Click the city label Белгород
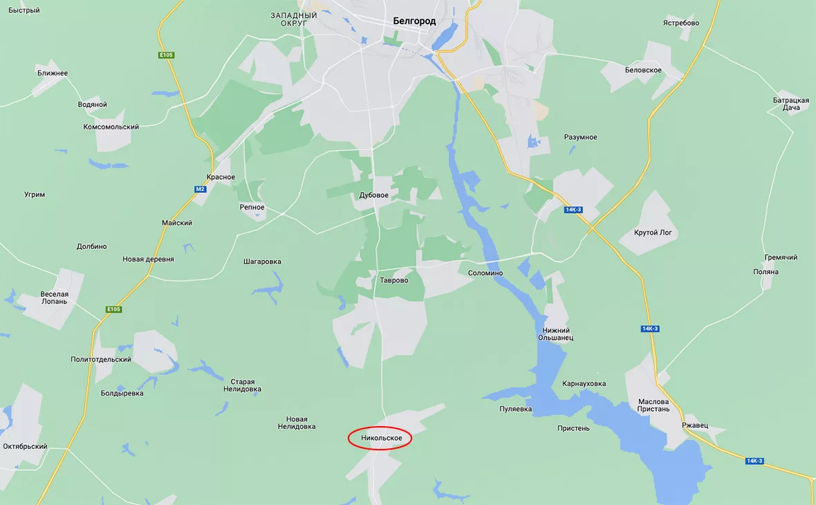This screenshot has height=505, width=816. (414, 21)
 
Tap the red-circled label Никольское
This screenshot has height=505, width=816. (381, 438)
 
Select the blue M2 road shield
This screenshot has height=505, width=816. (200, 189)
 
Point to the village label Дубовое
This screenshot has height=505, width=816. (373, 196)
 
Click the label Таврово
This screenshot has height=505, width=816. (394, 281)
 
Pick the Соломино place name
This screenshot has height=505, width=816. (485, 273)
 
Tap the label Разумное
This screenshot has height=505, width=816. (580, 137)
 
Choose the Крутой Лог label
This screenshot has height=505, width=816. (653, 232)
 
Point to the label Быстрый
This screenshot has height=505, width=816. (24, 10)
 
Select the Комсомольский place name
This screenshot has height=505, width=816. (111, 127)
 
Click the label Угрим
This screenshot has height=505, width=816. (35, 194)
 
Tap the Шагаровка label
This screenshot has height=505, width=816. (262, 262)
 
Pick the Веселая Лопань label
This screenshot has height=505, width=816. (54, 297)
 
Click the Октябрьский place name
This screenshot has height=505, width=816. (25, 447)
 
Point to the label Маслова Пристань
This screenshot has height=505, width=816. (653, 405)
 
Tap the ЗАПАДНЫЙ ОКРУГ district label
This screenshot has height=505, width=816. (294, 19)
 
